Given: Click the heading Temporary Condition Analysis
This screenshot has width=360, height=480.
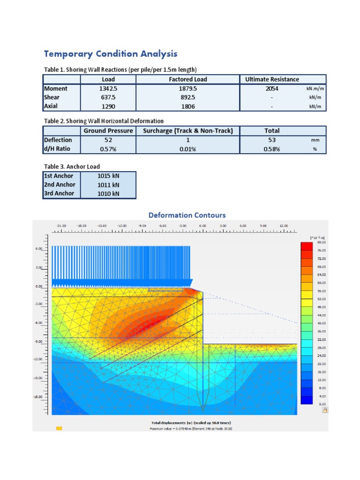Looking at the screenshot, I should (111, 53).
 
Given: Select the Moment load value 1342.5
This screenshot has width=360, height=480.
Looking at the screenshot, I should (108, 89).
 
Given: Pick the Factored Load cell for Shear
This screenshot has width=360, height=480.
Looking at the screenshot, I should (187, 97).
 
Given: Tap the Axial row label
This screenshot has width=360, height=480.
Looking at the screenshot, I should (51, 106).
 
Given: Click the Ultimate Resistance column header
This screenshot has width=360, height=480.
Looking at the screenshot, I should (272, 79).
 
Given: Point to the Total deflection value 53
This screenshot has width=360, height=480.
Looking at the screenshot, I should (272, 140).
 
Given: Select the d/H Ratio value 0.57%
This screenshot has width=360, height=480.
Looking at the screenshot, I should (108, 149).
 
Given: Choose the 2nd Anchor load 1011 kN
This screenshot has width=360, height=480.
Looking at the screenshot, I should (108, 185).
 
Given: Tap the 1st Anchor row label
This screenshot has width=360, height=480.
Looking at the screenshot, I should (59, 176).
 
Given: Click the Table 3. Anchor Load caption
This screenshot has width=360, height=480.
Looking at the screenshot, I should (72, 166).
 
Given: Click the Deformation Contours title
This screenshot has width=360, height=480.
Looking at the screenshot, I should (187, 215).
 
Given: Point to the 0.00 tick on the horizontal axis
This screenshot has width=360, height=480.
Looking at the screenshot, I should (202, 225).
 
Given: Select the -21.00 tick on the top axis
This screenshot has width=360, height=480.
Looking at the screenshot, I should (61, 225).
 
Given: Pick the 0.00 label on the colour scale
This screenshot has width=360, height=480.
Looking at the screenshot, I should (322, 404).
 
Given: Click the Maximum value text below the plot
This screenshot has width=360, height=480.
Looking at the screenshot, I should (191, 428).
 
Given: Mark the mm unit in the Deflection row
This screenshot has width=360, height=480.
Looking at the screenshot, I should (315, 140).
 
